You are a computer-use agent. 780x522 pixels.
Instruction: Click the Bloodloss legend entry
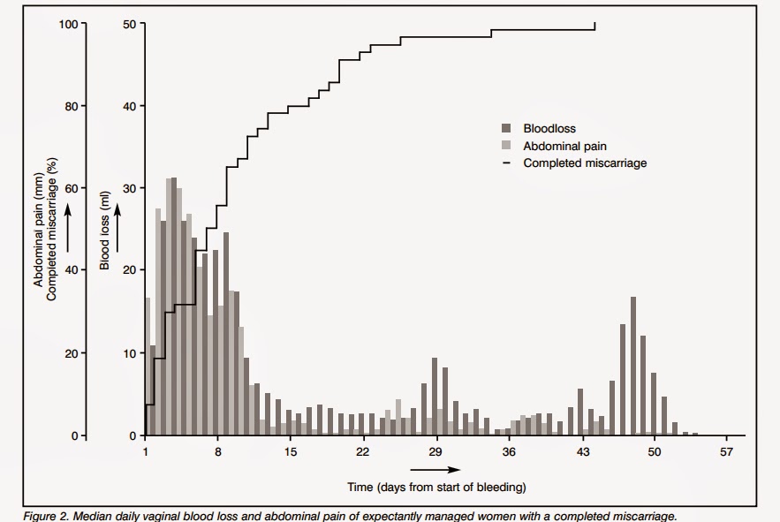pyautogui.click(x=549, y=128)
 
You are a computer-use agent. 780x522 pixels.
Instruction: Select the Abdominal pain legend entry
pyautogui.click(x=564, y=146)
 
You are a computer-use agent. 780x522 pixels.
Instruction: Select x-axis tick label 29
pyautogui.click(x=435, y=452)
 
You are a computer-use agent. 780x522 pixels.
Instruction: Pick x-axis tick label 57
pyautogui.click(x=726, y=452)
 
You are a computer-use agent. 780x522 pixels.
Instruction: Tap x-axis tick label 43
pyautogui.click(x=581, y=452)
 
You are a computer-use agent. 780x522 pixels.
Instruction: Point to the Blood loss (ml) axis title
pyautogui.click(x=104, y=231)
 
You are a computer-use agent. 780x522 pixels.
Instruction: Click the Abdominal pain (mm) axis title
pyautogui.click(x=38, y=235)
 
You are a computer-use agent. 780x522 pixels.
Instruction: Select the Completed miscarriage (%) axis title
pyautogui.click(x=52, y=230)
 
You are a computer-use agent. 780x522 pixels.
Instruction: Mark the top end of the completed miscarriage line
pyautogui.click(x=594, y=24)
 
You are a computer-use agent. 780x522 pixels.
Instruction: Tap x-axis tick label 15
pyautogui.click(x=290, y=452)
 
